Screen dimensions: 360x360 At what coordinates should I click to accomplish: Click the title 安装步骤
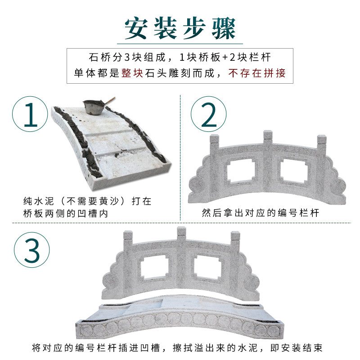[x=180, y=28]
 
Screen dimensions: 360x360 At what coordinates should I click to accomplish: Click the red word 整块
[x=132, y=73]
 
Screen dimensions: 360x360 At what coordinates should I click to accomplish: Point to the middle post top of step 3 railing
[x=182, y=231]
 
